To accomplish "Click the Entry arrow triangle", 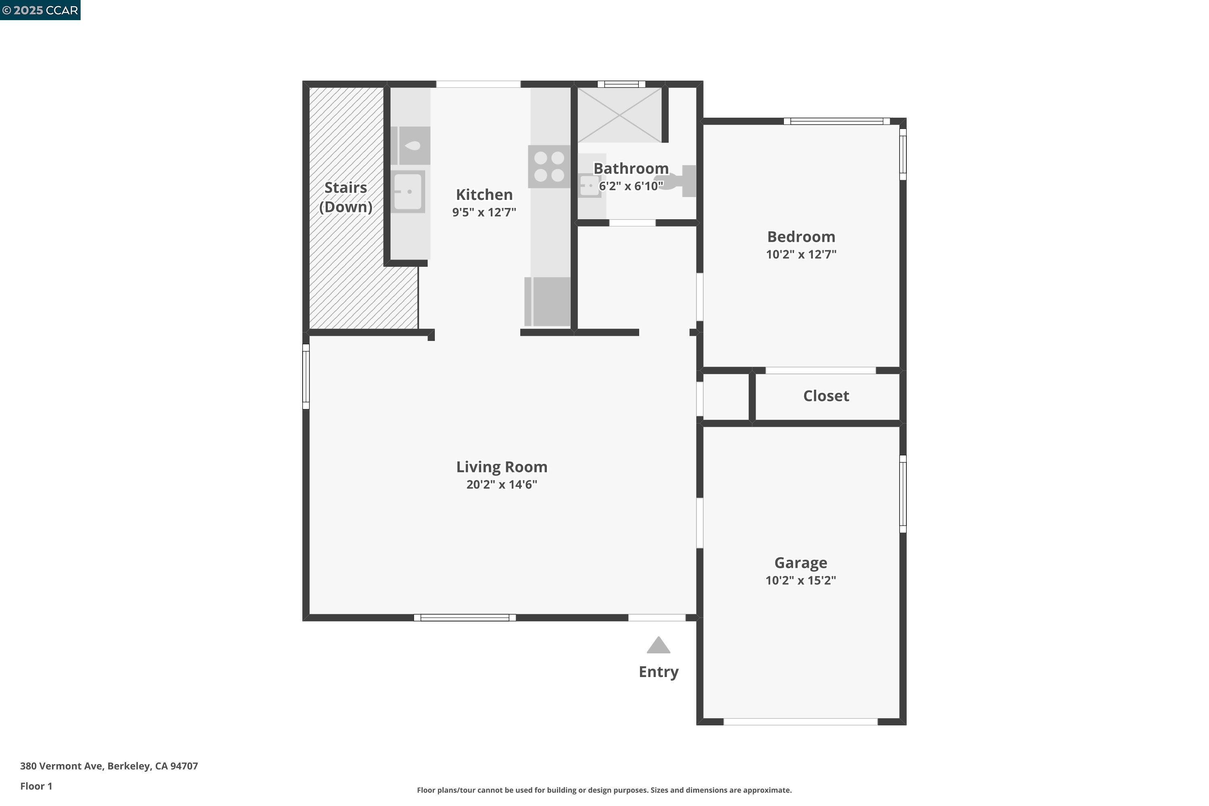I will click(658, 646).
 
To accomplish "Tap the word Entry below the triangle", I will click(659, 672).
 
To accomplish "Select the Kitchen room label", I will click(484, 195).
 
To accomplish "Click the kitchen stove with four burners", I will click(549, 166).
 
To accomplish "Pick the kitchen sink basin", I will click(408, 192).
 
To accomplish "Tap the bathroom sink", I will click(589, 185).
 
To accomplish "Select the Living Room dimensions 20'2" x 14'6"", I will click(502, 485).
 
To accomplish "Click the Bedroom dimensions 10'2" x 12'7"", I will click(801, 254).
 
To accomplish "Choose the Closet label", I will click(826, 396).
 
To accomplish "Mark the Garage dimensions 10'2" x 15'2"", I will click(800, 580).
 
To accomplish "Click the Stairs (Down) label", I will click(345, 197).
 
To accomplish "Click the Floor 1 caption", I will click(36, 786).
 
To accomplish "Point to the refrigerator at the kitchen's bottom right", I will click(548, 302).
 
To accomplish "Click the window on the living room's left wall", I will click(306, 377).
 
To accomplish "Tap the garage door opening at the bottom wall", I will click(800, 722).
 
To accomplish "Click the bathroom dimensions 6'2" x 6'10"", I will click(631, 186).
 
